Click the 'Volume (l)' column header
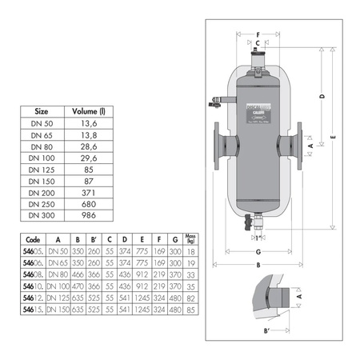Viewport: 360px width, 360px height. click(x=86, y=112)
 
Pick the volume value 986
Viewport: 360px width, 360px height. click(x=86, y=216)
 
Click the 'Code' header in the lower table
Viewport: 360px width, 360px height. click(x=33, y=238)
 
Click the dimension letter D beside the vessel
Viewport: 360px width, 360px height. click(x=321, y=97)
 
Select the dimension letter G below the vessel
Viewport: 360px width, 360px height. click(x=258, y=250)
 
